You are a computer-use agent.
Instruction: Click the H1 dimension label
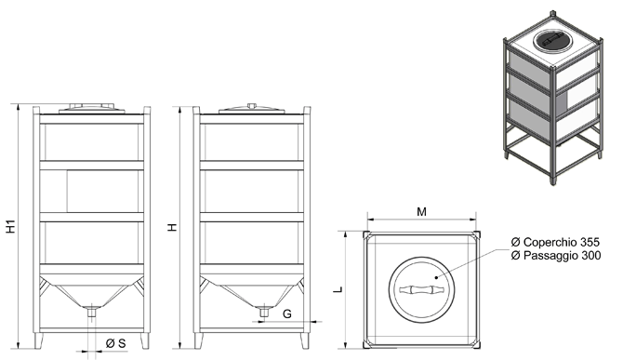(11, 226)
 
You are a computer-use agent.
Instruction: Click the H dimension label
(172, 227)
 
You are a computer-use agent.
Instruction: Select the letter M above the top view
(421, 212)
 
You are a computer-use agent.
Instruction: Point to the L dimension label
(338, 289)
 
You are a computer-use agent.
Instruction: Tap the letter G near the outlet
(287, 313)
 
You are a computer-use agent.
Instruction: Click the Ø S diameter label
(116, 343)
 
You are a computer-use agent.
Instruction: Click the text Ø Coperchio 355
(555, 242)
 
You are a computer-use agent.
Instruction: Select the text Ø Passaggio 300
(556, 255)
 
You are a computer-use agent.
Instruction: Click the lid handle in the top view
(421, 289)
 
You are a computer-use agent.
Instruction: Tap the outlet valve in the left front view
(92, 311)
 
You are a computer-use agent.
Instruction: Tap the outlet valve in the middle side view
(263, 311)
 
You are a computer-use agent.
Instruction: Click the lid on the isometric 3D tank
(551, 41)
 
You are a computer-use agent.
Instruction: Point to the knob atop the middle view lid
(251, 106)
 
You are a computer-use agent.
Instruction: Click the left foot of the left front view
(39, 340)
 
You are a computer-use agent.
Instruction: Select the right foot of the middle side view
(304, 340)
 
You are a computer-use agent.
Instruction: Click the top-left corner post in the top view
(366, 234)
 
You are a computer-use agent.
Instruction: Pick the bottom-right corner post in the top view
(476, 345)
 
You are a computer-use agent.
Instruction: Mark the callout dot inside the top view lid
(436, 277)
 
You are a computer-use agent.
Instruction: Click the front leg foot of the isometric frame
(552, 180)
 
